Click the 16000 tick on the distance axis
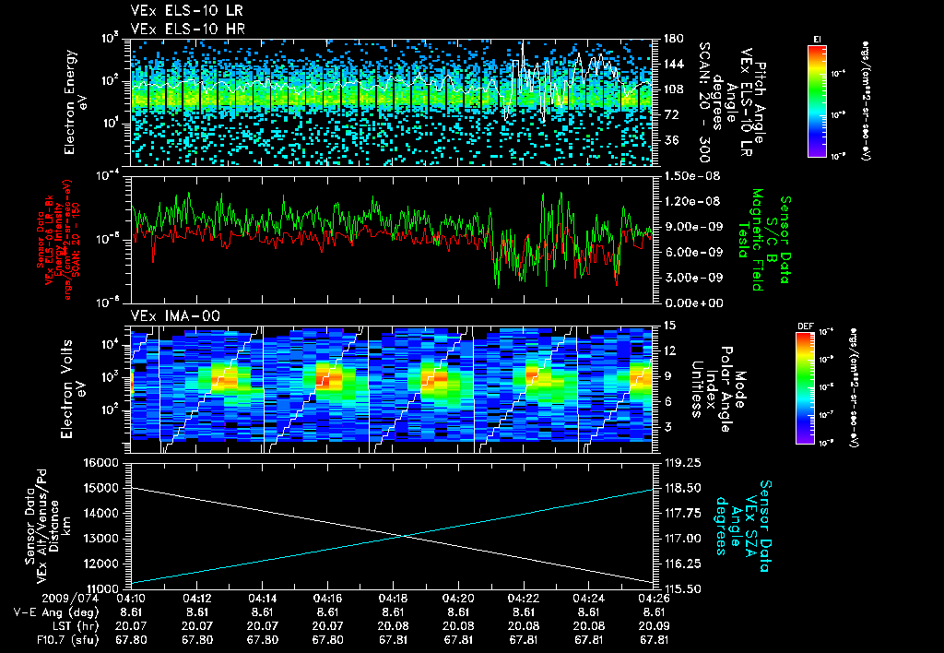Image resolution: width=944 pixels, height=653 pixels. coord(102,462)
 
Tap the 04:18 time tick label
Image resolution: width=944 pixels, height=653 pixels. coord(394,598)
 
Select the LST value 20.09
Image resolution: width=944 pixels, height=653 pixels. coord(654,624)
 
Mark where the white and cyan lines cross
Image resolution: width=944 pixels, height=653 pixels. coord(403,537)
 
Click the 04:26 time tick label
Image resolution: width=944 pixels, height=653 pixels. coord(654,598)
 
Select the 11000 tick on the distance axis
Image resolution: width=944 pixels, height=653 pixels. coord(102,588)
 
